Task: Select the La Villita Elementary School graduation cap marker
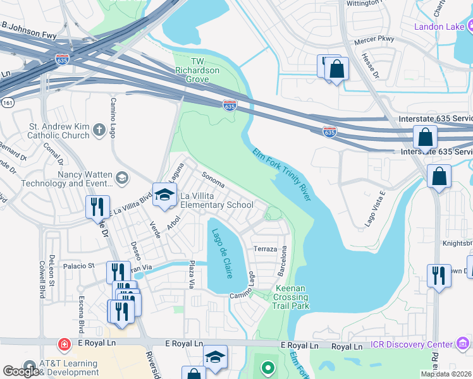(x=164, y=195)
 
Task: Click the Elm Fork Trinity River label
(x=282, y=175)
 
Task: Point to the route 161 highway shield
(x=6, y=101)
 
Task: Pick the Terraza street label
(x=264, y=249)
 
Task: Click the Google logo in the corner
(x=21, y=371)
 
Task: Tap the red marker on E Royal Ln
(x=64, y=344)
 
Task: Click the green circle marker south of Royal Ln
(x=268, y=367)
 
